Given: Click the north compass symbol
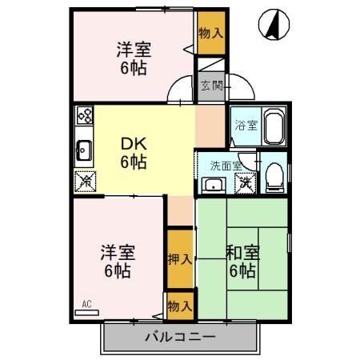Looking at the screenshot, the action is tap(274, 25).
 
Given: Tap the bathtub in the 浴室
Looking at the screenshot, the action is tap(274, 126).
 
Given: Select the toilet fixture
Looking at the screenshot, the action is tap(274, 177).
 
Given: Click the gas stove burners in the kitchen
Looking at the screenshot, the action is tap(85, 115).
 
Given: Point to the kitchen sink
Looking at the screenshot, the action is tap(84, 150).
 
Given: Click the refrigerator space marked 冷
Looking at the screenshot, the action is tap(86, 182).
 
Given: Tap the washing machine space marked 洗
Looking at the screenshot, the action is tap(246, 183).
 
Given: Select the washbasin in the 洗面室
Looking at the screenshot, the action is tap(214, 186).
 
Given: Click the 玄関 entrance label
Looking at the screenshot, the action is tap(212, 86).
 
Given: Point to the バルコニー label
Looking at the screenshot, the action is tap(180, 337).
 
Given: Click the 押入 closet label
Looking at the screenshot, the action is tap(180, 259).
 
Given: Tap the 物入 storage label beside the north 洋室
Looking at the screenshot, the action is tap(210, 33).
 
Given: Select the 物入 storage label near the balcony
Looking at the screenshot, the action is tap(180, 306).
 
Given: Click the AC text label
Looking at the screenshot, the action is tap(87, 304).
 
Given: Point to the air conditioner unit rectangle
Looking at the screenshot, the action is tap(87, 313).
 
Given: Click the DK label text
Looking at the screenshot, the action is tap(134, 144).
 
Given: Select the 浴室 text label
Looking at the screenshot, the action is tap(246, 126).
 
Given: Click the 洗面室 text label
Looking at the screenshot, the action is tap(226, 166).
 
